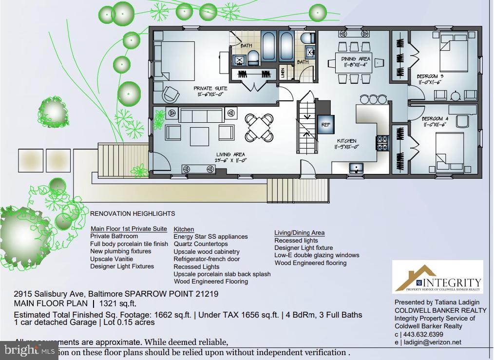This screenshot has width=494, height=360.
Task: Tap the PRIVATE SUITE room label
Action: pos(210,89)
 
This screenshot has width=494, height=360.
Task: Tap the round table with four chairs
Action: pos(259,126)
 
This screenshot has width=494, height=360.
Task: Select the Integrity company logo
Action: pos(437,278)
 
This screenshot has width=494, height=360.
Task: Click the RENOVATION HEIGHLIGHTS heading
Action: pos(133,213)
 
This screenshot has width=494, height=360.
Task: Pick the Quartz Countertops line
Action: pos(201,244)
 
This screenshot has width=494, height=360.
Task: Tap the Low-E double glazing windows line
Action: pos(317,255)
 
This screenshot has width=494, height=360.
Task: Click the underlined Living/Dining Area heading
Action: pos(299,233)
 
